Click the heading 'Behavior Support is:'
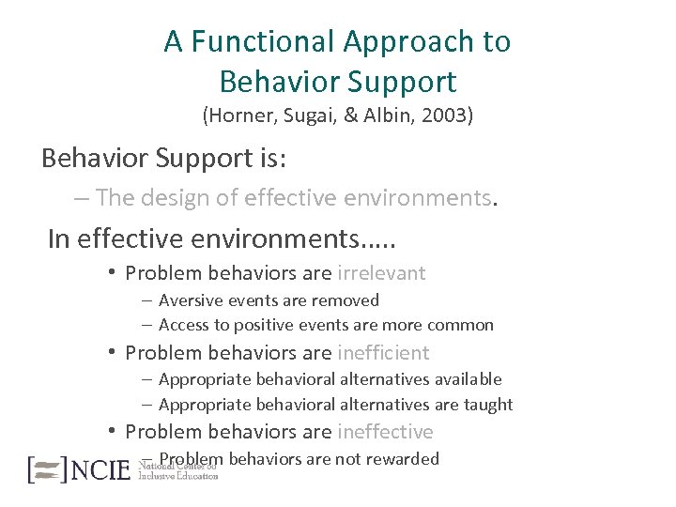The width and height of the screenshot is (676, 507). click(x=164, y=158)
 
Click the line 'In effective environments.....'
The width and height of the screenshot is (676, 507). click(x=222, y=238)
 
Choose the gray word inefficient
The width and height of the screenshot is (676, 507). click(x=383, y=353)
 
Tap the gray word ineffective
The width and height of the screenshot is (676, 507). click(x=385, y=432)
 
